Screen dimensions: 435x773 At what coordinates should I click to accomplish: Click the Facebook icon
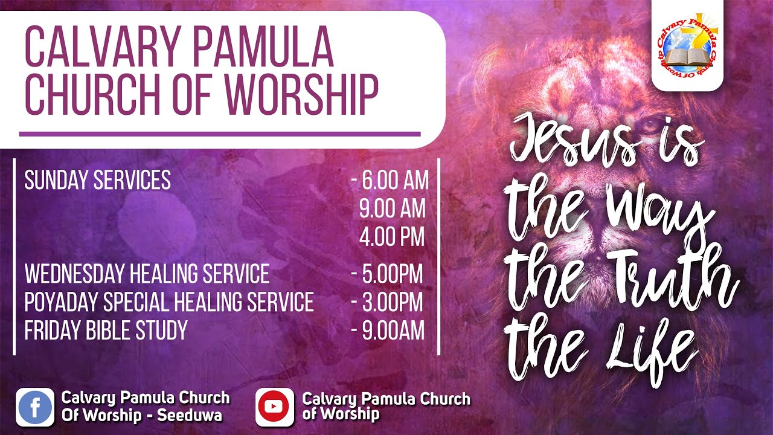pyautogui.click(x=34, y=407)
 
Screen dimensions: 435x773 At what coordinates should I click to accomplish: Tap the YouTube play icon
pyautogui.click(x=275, y=407)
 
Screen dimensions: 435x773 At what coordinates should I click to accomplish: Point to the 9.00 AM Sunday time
pyautogui.click(x=392, y=209)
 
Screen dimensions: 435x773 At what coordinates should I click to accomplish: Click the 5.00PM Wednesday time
pyautogui.click(x=392, y=274)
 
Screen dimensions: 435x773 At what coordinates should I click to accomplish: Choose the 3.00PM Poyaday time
pyautogui.click(x=392, y=302)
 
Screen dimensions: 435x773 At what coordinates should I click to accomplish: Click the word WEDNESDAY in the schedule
pyautogui.click(x=75, y=274)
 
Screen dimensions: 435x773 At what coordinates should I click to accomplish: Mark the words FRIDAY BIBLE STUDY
pyautogui.click(x=106, y=330)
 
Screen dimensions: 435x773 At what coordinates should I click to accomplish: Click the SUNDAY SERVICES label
pyautogui.click(x=97, y=181)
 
